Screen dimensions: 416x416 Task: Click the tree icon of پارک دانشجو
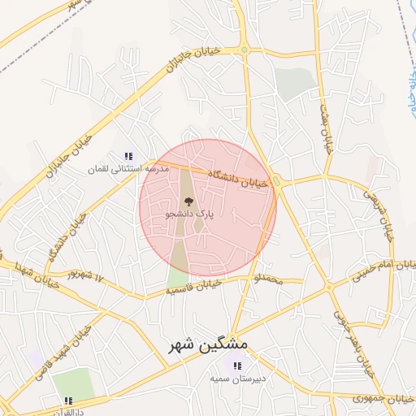[188, 201]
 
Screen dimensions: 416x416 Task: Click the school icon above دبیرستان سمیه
[237, 366]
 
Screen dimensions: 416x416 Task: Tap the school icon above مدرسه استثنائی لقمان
[128, 156]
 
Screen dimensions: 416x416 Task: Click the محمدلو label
[268, 280]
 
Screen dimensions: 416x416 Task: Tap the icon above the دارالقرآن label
[69, 400]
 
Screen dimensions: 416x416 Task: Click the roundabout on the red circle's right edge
[276, 182]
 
